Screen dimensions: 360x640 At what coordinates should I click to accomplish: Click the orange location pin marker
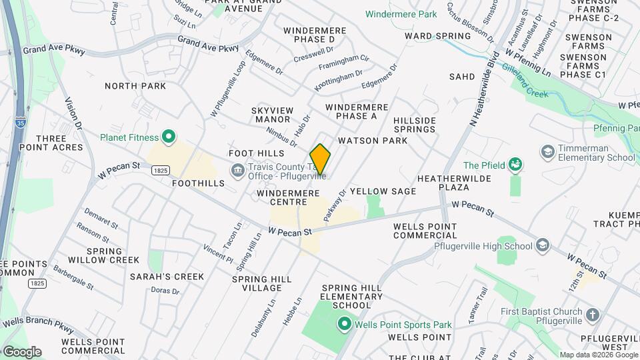320,159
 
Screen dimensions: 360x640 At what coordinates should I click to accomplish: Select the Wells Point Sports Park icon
344,325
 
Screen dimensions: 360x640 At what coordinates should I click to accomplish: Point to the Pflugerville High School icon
543,246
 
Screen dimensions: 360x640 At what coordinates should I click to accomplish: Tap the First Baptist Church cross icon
593,314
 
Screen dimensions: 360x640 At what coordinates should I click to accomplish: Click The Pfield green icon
515,165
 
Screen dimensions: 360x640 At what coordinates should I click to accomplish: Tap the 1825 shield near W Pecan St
159,171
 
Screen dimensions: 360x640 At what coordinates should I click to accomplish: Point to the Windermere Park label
401,14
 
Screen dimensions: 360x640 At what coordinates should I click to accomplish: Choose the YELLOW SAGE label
383,191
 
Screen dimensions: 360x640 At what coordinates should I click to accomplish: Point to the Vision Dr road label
73,113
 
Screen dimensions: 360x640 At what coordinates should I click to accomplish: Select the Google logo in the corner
21,351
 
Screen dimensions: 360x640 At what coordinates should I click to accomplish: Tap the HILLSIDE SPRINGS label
415,125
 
